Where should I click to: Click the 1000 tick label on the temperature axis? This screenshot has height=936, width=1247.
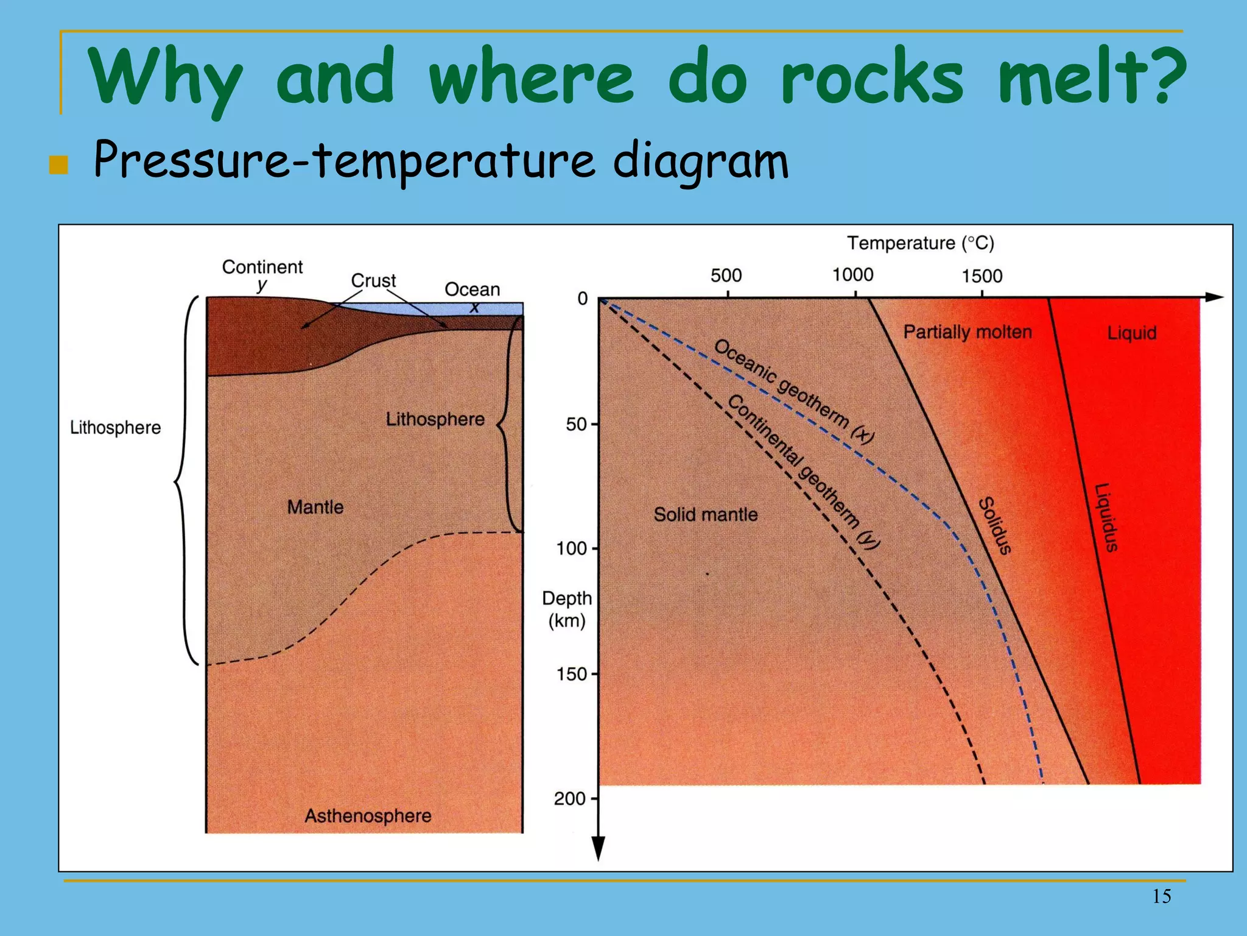coord(852,275)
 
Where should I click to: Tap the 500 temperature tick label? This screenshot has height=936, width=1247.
coord(726,275)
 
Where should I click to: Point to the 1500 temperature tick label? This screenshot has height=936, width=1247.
coord(982,276)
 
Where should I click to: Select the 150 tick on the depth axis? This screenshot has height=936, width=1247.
coord(571,674)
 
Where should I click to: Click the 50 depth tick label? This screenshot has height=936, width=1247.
coord(576,424)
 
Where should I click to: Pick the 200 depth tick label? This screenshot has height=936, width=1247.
coord(570,798)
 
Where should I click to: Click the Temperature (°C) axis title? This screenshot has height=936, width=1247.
coord(921,243)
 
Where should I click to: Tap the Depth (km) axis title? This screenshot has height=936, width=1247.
coord(566,609)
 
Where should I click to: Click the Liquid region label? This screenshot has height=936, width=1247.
coord(1131,333)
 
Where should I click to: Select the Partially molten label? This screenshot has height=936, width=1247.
coord(968,332)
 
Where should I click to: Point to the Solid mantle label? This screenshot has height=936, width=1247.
coord(706,514)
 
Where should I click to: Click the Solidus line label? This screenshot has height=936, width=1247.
coord(994,525)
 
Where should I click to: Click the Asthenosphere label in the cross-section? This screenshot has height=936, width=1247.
coord(368,815)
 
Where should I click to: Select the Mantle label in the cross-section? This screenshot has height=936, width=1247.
coord(315,507)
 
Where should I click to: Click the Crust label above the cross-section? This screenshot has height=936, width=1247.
coord(373,280)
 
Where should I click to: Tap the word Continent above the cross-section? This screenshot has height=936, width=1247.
coord(262,267)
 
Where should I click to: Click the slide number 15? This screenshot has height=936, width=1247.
coord(1161,896)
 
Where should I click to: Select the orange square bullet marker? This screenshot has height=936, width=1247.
coord(58,165)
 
